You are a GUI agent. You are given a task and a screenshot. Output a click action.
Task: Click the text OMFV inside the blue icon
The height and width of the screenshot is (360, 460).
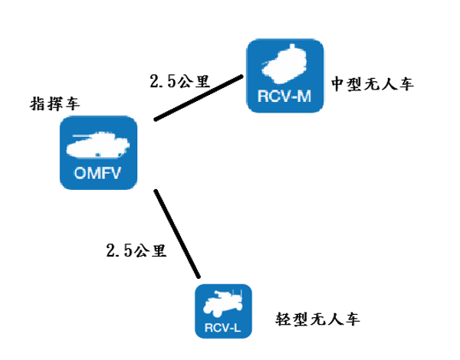99,172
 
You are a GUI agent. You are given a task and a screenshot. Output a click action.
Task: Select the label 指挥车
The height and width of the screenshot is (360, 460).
54,104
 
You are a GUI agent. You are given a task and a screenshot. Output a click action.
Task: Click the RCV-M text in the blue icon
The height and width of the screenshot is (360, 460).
285,97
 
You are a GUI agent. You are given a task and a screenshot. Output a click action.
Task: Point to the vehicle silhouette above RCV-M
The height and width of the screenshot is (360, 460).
285,64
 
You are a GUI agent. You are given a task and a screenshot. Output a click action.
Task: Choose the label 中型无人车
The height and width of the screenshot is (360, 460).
373,83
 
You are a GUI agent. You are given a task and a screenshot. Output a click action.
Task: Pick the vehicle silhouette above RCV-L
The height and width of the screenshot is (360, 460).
223,305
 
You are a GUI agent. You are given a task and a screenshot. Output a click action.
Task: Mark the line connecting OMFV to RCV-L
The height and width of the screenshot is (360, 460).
177,232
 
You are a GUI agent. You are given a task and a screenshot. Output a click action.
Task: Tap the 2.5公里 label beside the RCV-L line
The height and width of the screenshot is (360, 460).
136,250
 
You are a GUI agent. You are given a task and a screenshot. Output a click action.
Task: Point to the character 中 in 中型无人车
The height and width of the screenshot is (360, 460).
339,83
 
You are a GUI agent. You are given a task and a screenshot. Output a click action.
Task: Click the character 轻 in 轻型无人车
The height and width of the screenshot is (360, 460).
283,319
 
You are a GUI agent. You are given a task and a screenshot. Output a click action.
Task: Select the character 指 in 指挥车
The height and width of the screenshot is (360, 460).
37,104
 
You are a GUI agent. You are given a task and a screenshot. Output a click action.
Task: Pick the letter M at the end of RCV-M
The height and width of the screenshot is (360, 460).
306,97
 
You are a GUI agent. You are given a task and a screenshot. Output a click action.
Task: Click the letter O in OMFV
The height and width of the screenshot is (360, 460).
80,172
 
